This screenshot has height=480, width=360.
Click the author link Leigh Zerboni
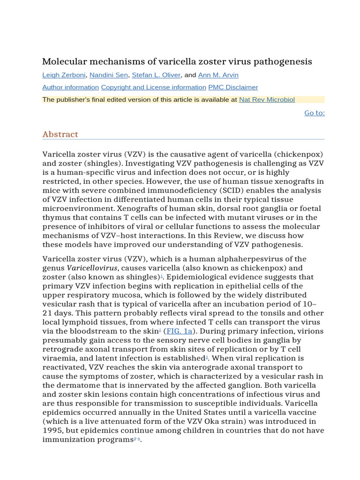(x=64, y=75)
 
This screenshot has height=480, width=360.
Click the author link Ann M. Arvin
(x=218, y=75)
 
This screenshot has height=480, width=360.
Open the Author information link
(x=70, y=87)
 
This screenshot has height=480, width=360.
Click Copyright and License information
(x=153, y=87)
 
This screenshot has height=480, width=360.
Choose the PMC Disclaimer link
(x=233, y=87)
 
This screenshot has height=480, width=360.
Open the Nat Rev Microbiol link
(x=267, y=99)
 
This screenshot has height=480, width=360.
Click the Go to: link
(x=314, y=112)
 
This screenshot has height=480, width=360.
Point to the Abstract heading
(x=60, y=134)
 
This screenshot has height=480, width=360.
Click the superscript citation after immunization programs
(x=137, y=438)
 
